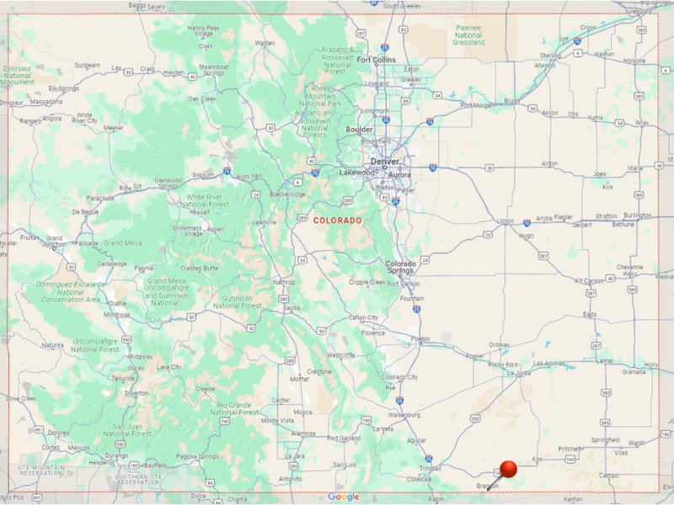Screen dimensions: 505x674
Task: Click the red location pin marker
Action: coord(508,469)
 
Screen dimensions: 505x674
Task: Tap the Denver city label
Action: coord(384,161)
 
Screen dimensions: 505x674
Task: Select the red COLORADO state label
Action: coord(337,221)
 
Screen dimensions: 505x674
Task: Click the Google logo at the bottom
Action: coord(343,497)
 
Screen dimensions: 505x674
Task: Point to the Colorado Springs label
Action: coord(400,267)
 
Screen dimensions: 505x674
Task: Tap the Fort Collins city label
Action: coord(376,60)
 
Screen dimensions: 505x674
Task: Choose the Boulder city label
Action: coord(359,130)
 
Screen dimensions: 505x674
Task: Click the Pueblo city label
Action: coord(420,339)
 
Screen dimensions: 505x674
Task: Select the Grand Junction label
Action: coord(54,242)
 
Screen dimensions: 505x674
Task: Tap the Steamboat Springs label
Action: coord(213,69)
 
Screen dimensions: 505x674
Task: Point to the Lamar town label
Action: coord(604,359)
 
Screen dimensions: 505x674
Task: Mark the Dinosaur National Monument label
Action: coord(18,77)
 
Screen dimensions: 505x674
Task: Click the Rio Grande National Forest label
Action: coord(235,408)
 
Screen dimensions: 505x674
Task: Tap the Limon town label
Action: coord(505,221)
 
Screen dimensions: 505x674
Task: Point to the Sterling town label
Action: coord(550,56)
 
